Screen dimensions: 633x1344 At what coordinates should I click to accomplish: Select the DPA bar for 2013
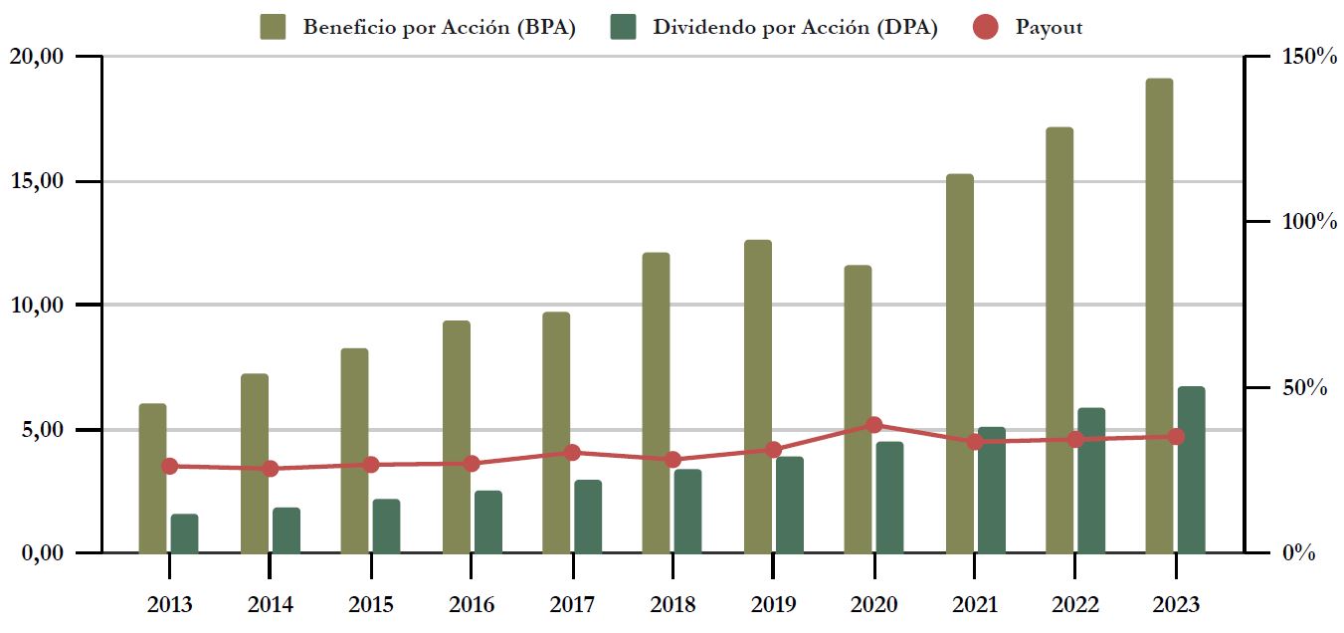[x=184, y=533]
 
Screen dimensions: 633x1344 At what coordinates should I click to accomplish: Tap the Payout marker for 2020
[x=873, y=425]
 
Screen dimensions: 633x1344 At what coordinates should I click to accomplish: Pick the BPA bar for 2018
[x=656, y=403]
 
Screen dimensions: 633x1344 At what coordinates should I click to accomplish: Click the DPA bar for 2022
[x=1091, y=480]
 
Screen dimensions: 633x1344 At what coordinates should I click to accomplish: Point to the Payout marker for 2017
[x=572, y=452]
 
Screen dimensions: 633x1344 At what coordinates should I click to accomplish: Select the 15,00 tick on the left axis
[x=37, y=181]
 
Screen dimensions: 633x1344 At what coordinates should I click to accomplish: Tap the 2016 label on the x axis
[x=472, y=605]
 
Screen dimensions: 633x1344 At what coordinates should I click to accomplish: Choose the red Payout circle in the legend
[x=984, y=27]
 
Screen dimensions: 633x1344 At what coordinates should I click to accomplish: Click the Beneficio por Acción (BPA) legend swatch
[x=273, y=27]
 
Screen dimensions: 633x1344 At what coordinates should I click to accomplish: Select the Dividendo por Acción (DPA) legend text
[x=795, y=28]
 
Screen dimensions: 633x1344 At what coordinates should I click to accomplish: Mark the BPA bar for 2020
[x=858, y=409]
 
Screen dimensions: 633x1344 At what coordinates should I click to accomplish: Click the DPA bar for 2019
[x=790, y=505]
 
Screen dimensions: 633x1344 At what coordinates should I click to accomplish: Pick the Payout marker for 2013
[x=169, y=466]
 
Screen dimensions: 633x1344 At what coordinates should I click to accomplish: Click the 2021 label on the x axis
[x=975, y=605]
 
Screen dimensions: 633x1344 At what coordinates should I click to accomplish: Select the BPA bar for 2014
[x=255, y=463]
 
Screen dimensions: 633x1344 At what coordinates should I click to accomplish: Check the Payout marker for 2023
[x=1176, y=436]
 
